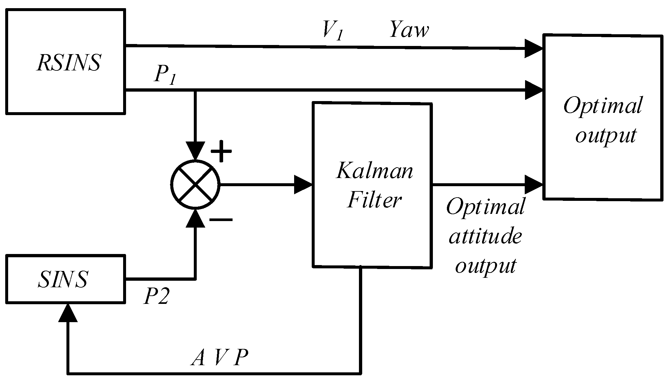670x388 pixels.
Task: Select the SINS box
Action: tap(65, 279)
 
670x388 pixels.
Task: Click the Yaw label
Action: tap(409, 30)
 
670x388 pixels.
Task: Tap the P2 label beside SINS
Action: tap(156, 296)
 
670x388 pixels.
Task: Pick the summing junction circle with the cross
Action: tap(195, 185)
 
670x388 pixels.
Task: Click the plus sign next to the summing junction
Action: tap(221, 151)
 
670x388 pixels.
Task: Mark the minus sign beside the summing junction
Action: tap(221, 219)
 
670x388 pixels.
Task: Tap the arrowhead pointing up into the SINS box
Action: tap(68, 312)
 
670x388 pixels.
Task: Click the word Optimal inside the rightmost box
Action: tap(603, 106)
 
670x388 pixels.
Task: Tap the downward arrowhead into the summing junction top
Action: tap(195, 151)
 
